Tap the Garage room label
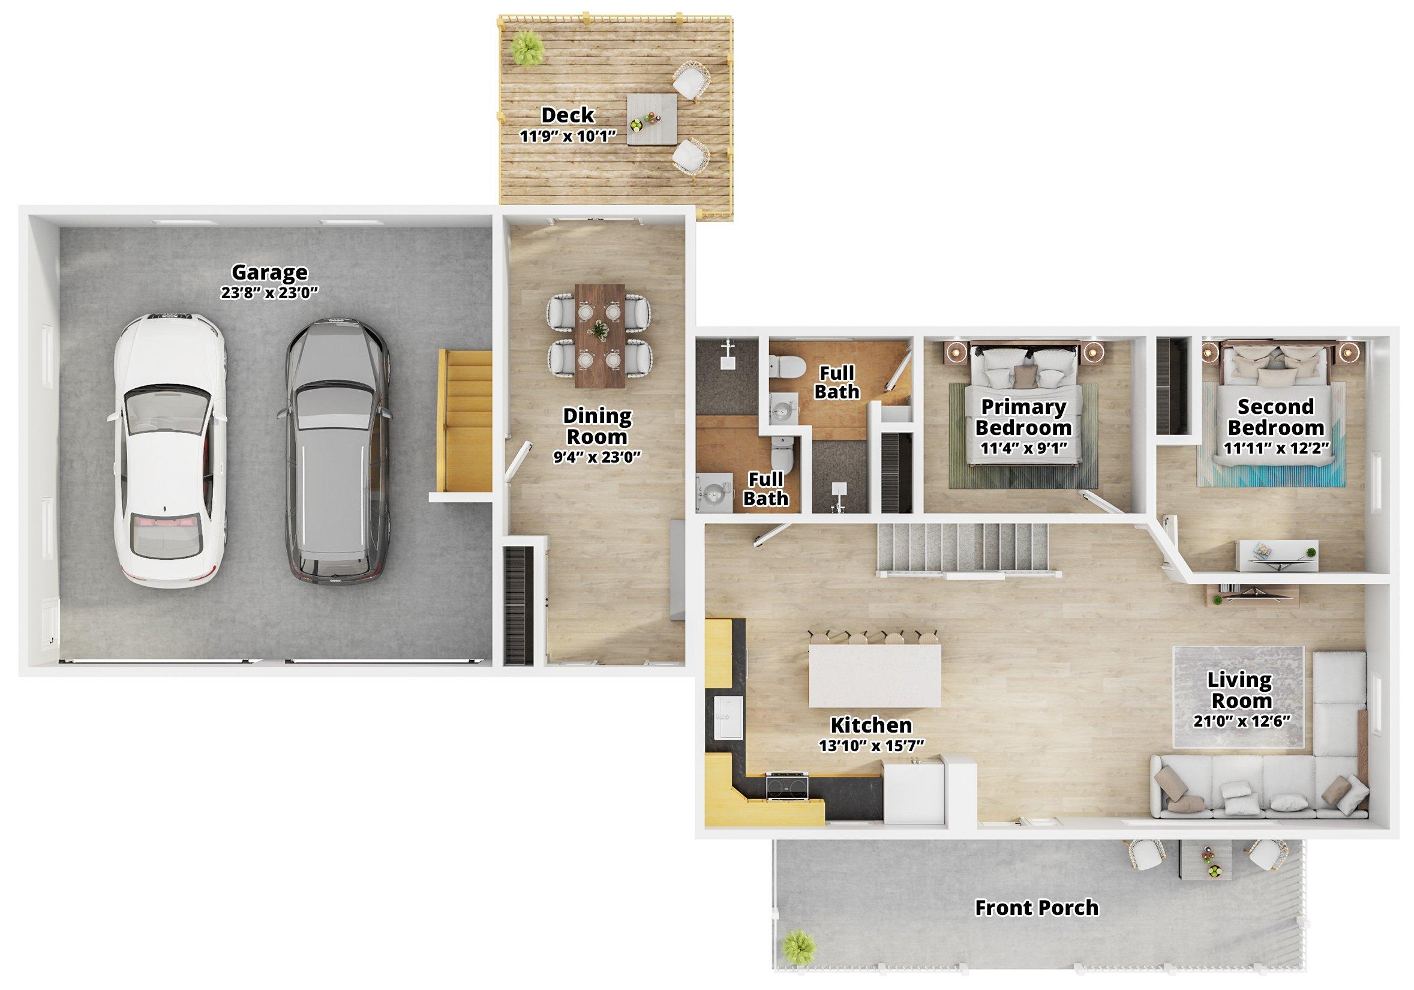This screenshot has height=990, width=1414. pyautogui.click(x=269, y=272)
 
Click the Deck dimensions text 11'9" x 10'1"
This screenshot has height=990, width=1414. pyautogui.click(x=569, y=136)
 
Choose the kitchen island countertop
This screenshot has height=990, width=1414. pyautogui.click(x=875, y=675)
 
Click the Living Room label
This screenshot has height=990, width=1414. pyautogui.click(x=1239, y=690)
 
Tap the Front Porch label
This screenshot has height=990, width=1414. pyautogui.click(x=1037, y=907)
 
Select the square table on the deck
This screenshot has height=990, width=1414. pyautogui.click(x=652, y=119)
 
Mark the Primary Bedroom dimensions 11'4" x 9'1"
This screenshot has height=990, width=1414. pyautogui.click(x=1023, y=447)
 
